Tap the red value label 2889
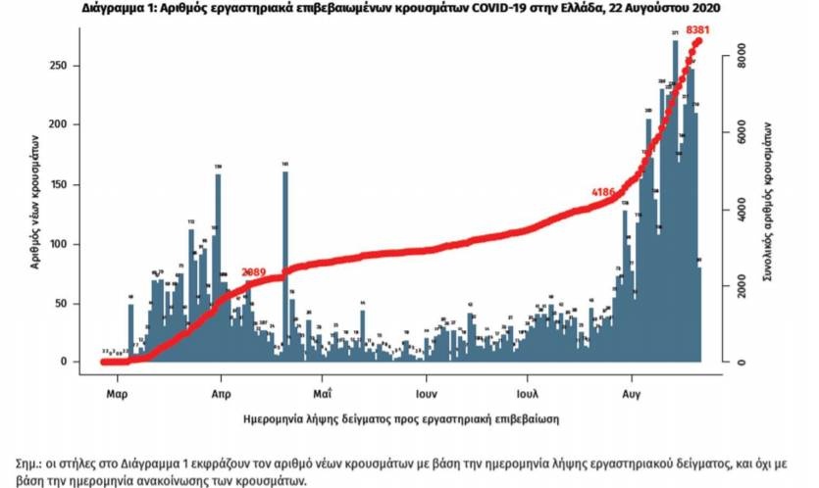[255, 270]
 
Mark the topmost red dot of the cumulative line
[698, 41]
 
